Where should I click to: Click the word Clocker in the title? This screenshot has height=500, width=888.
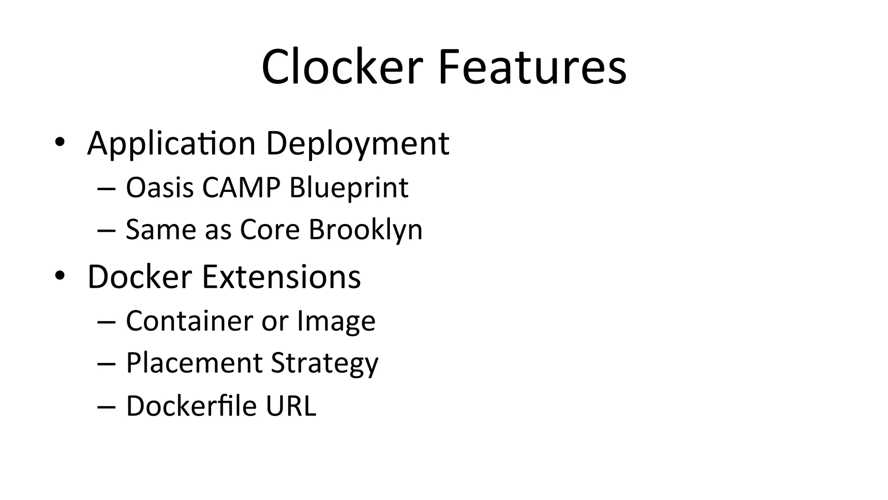coord(342,67)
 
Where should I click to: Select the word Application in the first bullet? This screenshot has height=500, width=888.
coord(171,144)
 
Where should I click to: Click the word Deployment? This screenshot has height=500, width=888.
coord(357,144)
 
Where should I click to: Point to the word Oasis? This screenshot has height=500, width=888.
coord(160,187)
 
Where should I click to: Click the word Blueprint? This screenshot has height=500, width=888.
coord(349,187)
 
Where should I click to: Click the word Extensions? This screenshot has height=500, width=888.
coord(281,276)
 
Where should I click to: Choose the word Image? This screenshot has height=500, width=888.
coord(336,322)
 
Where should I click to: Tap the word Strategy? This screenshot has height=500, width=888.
coord(324,364)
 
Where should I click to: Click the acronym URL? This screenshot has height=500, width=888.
coord(291,406)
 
